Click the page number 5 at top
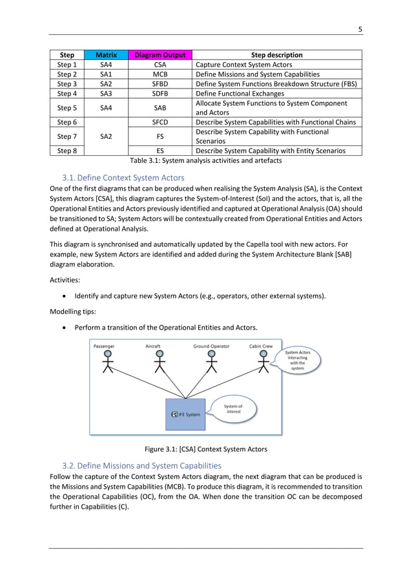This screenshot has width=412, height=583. [x=360, y=28]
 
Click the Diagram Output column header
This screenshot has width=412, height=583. [x=160, y=55]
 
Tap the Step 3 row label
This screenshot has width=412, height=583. [x=67, y=84]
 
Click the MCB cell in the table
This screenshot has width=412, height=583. [x=160, y=74]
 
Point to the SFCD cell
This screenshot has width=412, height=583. [x=160, y=122]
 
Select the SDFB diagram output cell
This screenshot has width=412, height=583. [x=160, y=94]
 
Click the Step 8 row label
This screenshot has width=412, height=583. [x=67, y=151]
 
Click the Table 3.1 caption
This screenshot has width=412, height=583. [x=205, y=160]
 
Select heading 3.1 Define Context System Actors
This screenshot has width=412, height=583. [x=123, y=177]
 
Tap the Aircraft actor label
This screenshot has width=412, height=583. [x=153, y=346]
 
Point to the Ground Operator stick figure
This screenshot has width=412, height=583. [x=211, y=363]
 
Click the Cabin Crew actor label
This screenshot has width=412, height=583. [x=261, y=346]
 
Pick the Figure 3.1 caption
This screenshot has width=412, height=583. [x=205, y=449]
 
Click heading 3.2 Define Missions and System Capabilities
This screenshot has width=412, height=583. [x=141, y=465]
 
